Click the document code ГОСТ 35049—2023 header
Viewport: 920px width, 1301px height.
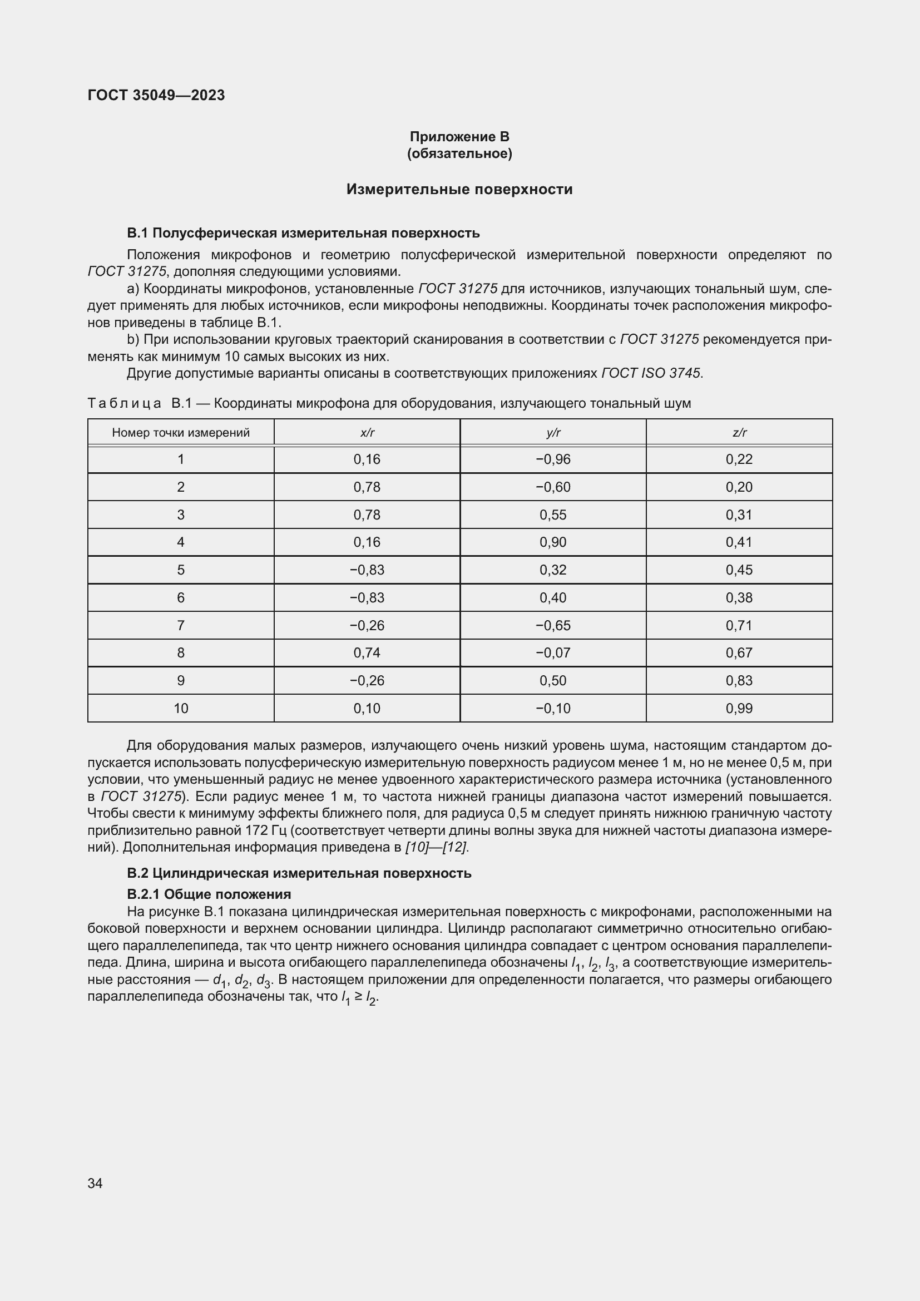click(156, 95)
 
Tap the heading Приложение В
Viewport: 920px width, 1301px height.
click(459, 137)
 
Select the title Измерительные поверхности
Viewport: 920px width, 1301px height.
click(459, 189)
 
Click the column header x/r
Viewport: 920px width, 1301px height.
click(367, 433)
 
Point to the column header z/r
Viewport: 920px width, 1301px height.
click(739, 433)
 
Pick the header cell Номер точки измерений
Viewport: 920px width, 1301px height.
click(181, 433)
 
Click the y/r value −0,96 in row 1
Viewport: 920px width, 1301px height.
click(553, 459)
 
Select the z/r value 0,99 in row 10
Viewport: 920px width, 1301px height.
click(739, 708)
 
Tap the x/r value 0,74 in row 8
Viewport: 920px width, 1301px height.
click(367, 653)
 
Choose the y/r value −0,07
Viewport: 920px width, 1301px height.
click(553, 653)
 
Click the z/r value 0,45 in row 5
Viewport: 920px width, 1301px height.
click(739, 570)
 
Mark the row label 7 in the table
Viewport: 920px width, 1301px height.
click(181, 626)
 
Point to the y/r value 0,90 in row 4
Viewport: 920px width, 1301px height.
click(553, 542)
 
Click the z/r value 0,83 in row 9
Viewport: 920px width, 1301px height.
click(739, 680)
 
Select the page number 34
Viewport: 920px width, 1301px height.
click(95, 1184)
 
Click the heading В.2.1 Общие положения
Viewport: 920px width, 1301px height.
click(209, 895)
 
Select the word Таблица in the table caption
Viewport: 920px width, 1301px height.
click(125, 403)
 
